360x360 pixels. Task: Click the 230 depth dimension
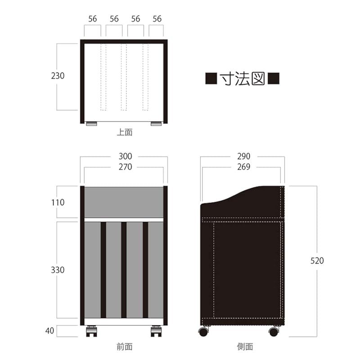pos(58,76)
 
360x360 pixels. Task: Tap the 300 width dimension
pos(125,156)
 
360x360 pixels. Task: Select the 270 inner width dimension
pos(125,167)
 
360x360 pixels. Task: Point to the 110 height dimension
pos(58,202)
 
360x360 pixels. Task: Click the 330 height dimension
pos(58,270)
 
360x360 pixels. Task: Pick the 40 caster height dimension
pos(49,331)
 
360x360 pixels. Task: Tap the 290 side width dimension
pos(243,156)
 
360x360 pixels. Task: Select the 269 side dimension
pos(243,167)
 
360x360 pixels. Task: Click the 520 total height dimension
pos(317,261)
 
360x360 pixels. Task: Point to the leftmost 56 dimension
pos(93,19)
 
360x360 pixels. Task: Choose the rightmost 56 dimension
pos(157,19)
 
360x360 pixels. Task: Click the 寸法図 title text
pos(242,78)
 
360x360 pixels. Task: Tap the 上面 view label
pos(125,132)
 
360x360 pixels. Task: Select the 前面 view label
pos(125,346)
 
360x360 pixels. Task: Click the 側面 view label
pos(245,346)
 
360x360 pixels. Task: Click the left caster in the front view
pos(91,331)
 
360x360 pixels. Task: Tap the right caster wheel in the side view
pos(274,332)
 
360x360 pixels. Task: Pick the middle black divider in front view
pos(124,270)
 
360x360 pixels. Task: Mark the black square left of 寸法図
pos(211,78)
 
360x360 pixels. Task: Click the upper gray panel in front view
pos(124,202)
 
